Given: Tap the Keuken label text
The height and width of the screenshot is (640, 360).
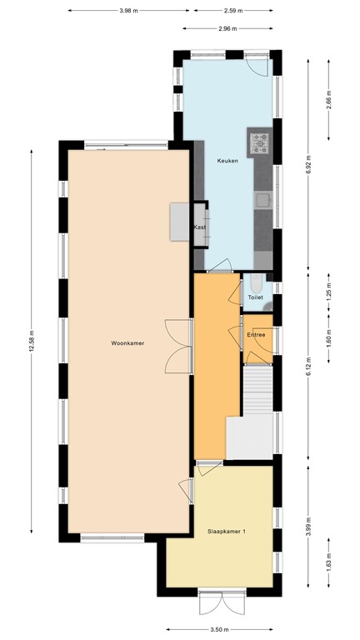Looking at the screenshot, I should coord(228,160).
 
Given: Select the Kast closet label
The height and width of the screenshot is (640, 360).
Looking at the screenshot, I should coord(200,227).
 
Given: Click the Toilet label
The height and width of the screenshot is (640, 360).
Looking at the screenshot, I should coord(256,297).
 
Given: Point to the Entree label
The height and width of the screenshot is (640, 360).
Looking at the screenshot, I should coord(256,334).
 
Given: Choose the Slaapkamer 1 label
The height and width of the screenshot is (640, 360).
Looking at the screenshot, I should coord(227,530).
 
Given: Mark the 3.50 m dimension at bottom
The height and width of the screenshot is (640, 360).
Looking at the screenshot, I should coord(220,630).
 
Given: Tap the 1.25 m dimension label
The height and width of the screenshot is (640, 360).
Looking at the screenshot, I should coord(328,293).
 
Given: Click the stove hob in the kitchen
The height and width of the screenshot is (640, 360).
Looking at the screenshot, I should coord(260,143).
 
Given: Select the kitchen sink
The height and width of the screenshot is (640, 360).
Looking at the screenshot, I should coord(262,200).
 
